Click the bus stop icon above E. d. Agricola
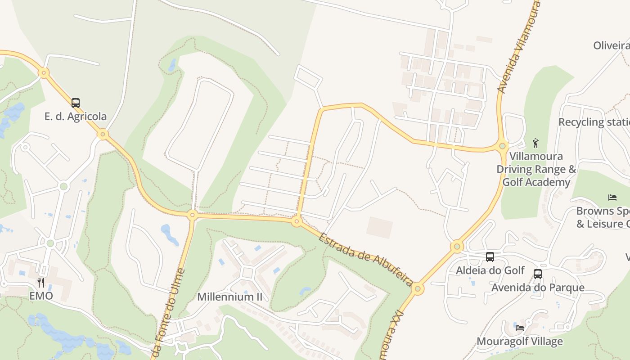[x=76, y=103]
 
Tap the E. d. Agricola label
[x=76, y=117]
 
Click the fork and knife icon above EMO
[x=41, y=282]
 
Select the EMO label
[x=41, y=296]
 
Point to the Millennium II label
[x=229, y=297]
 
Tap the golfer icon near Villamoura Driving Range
[x=535, y=143]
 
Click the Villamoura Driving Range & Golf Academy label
[x=536, y=169]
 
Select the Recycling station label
[x=594, y=122]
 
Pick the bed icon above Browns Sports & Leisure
[x=612, y=197]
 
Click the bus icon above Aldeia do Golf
[x=490, y=257]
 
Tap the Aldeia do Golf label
[x=490, y=270]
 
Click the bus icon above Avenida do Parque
[x=537, y=274]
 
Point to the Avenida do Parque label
[x=538, y=288]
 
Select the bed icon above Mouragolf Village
[x=520, y=328]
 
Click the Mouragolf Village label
[x=520, y=342]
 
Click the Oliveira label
[x=611, y=45]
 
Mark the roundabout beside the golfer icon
[x=503, y=146]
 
